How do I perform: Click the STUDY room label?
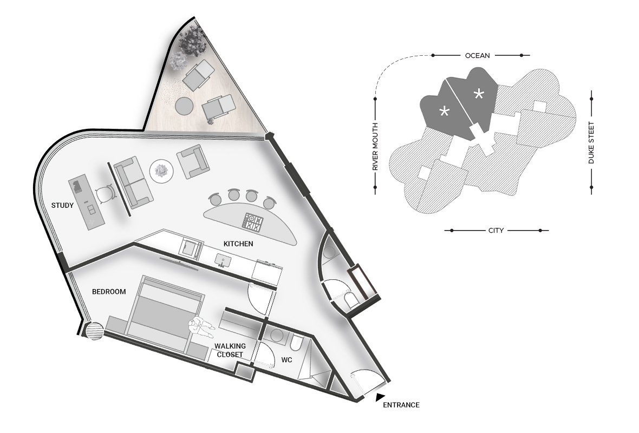pos(62,205)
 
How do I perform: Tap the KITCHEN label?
pos(238,244)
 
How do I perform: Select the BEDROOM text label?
pos(109,292)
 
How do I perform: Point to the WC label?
pos(287,360)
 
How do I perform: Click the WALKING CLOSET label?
pos(230,350)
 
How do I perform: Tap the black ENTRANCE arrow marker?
pos(380,396)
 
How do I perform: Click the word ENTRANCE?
pos(401,405)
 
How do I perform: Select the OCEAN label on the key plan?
pos(477,55)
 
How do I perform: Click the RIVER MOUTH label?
pos(375,147)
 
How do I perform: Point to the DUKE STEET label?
pos(591,143)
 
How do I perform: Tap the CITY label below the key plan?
pos(496,231)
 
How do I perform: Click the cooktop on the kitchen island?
pos(253,222)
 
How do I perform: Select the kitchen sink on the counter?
pos(222,259)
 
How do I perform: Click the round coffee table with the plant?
pos(162,170)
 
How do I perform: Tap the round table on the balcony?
pos(184,106)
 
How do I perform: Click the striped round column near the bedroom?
pos(94,331)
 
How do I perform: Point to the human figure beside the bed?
pos(201,327)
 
